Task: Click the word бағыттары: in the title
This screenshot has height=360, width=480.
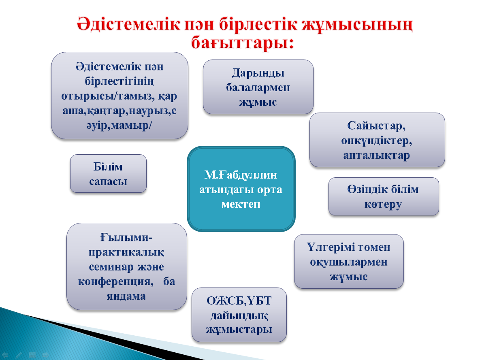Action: coord(241,42)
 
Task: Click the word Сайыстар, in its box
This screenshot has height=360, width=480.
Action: coord(377,126)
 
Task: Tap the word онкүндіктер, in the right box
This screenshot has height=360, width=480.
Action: coord(377,141)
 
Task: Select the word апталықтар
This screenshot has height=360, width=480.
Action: coord(377,155)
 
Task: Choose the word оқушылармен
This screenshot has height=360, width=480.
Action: coord(349,262)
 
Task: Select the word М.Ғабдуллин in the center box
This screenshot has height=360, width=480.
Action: coord(241,175)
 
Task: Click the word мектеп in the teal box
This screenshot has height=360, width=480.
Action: coord(241,204)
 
